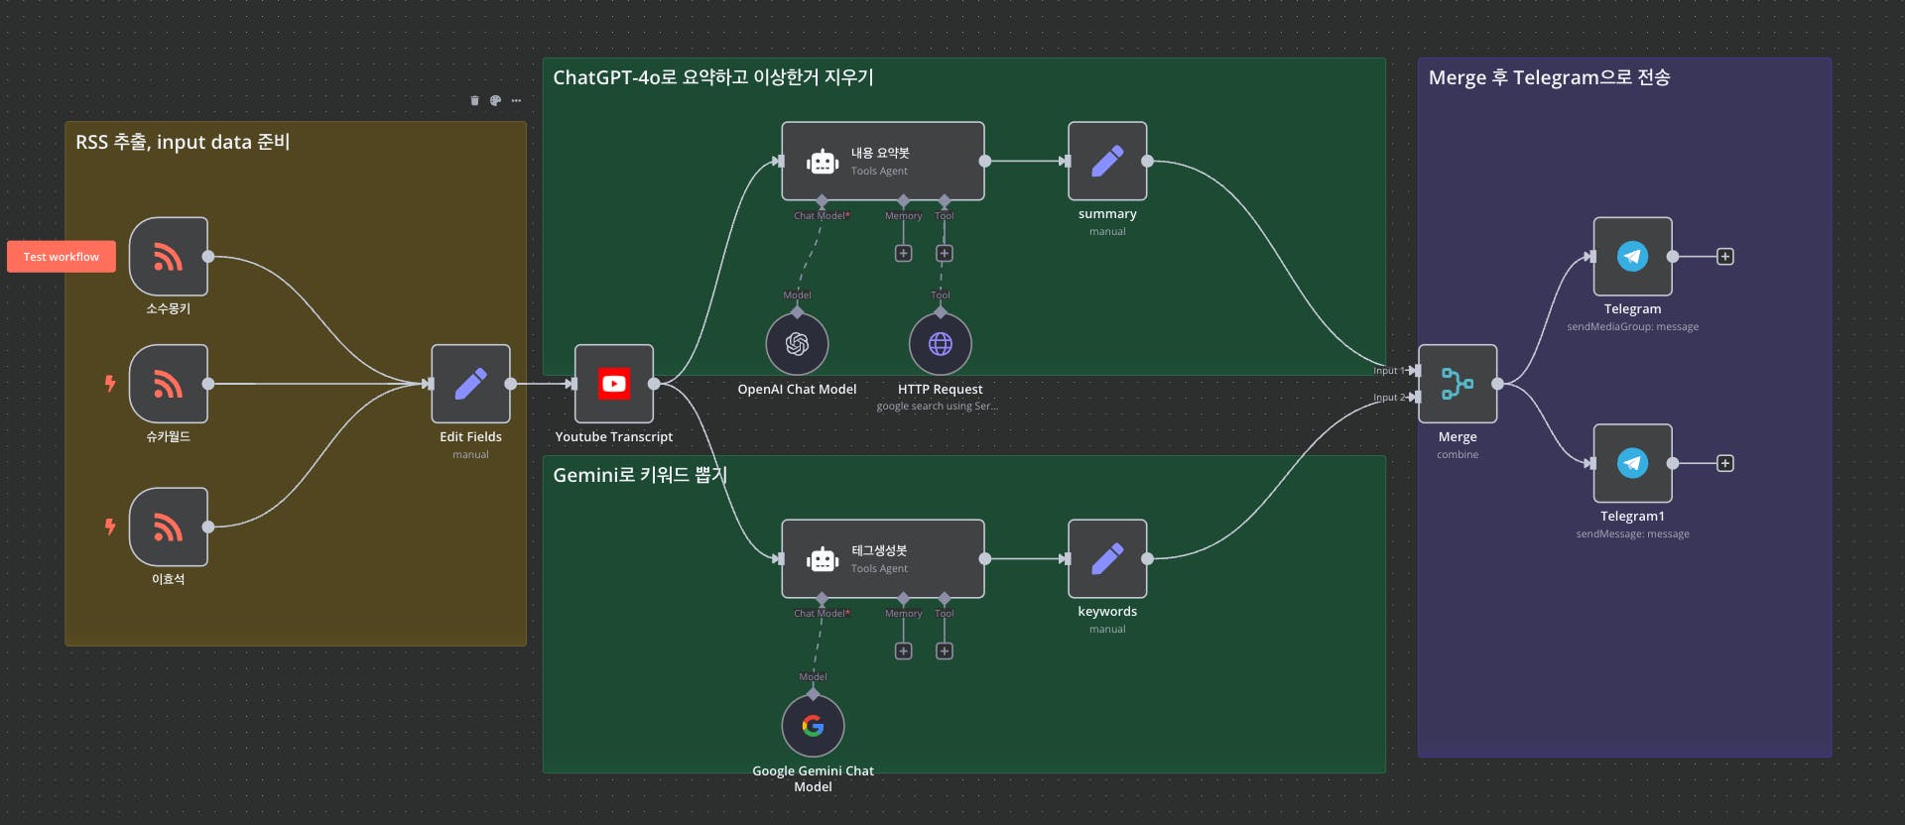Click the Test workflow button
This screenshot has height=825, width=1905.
click(x=62, y=257)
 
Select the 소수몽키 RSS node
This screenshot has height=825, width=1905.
click(x=169, y=257)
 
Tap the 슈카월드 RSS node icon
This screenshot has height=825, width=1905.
click(x=169, y=384)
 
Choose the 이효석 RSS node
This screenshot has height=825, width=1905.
click(x=169, y=527)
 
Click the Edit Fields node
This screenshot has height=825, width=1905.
click(x=470, y=384)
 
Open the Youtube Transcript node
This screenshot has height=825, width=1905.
click(x=614, y=384)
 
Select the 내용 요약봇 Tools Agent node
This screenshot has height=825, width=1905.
click(x=882, y=161)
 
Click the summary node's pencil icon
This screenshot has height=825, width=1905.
click(x=1107, y=161)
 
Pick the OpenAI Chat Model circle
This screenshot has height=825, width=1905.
click(x=797, y=343)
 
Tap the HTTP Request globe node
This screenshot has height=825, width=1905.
click(x=940, y=343)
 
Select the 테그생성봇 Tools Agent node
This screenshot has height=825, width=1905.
click(x=882, y=559)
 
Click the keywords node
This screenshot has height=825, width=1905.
click(x=1107, y=559)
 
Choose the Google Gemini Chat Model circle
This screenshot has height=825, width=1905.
click(x=813, y=726)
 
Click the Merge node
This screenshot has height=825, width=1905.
click(x=1458, y=384)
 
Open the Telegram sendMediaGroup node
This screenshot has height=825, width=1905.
click(x=1632, y=257)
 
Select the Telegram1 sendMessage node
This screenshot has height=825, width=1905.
click(x=1632, y=463)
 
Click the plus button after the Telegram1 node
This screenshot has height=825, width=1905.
click(x=1725, y=463)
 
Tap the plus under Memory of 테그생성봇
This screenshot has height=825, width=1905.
click(x=903, y=651)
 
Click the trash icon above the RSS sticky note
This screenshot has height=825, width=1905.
click(x=474, y=100)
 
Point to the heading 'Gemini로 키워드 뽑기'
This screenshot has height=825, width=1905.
click(x=640, y=475)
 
